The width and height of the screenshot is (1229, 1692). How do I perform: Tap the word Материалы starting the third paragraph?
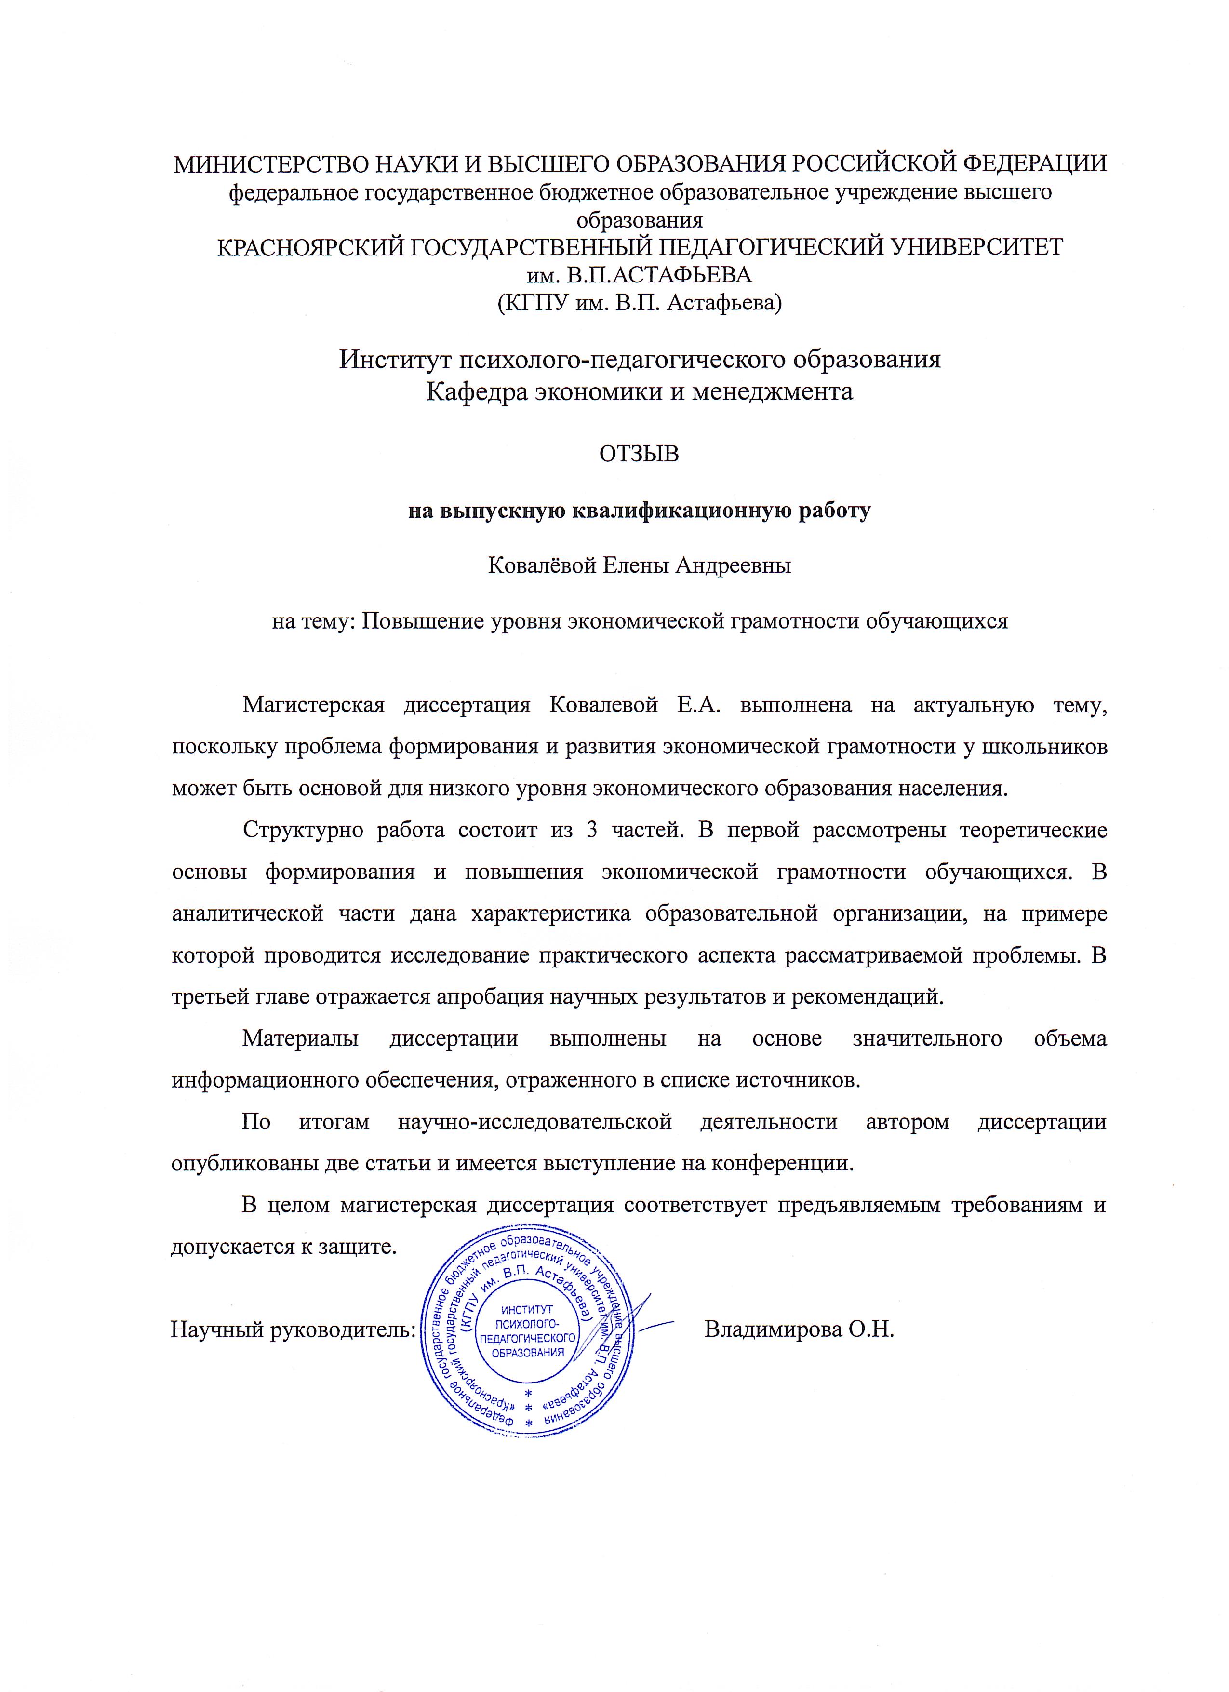[300, 1038]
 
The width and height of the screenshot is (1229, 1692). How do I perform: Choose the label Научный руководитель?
[293, 1330]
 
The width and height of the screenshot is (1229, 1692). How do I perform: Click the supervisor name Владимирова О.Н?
[798, 1329]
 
